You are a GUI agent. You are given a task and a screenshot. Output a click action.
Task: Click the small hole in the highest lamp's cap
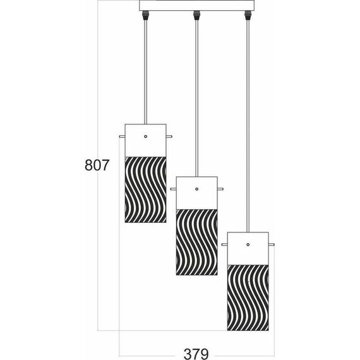pos(146,136)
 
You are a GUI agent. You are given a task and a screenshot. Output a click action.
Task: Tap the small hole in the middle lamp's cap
pos(196,189)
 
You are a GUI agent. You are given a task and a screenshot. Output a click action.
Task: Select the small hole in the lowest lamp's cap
pos(248,244)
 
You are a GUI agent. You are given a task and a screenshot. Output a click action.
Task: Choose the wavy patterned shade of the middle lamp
pos(196,242)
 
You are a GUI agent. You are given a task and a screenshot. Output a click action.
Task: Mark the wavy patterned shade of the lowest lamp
pos(248,296)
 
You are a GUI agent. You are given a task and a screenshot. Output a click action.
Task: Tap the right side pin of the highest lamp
pos(169,136)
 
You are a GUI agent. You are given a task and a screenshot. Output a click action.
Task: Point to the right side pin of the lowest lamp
pos(272,244)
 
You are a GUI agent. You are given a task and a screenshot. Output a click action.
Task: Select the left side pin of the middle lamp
pos(173,189)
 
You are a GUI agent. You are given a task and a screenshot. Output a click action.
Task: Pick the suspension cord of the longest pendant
pos(248,126)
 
